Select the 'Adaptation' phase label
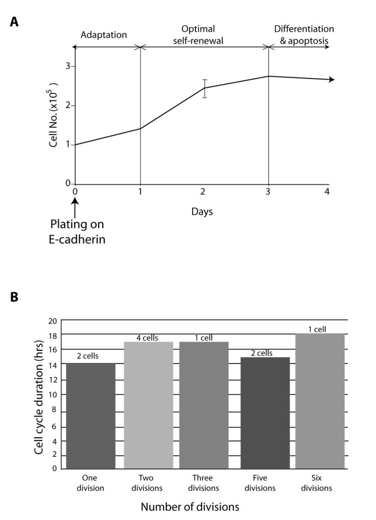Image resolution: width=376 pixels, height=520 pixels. [x=104, y=35]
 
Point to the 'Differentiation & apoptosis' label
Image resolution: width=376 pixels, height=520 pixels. [x=304, y=35]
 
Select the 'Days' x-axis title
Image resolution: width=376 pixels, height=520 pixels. [x=205, y=211]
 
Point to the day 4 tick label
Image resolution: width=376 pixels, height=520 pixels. [x=328, y=192]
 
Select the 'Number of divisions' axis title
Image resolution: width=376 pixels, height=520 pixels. [x=190, y=507]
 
